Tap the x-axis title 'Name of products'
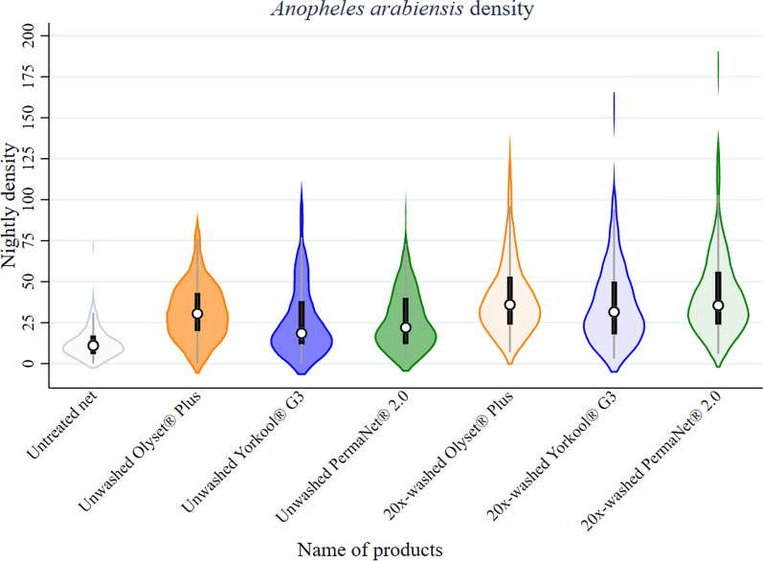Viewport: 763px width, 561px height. coord(370,549)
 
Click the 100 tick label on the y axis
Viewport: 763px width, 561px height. coord(34,199)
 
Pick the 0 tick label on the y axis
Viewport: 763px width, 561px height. coord(41,364)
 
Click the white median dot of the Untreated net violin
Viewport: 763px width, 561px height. coord(93,346)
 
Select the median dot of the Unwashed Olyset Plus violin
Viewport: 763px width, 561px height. coord(197,313)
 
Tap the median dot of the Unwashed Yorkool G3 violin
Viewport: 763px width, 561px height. coord(302,333)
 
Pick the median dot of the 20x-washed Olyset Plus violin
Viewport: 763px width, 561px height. coord(510,304)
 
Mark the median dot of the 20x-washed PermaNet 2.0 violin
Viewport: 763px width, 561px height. coord(718,305)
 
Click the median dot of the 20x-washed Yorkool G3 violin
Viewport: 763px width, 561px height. coord(614,312)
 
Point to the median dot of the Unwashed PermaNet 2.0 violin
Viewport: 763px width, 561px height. coord(406,327)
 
